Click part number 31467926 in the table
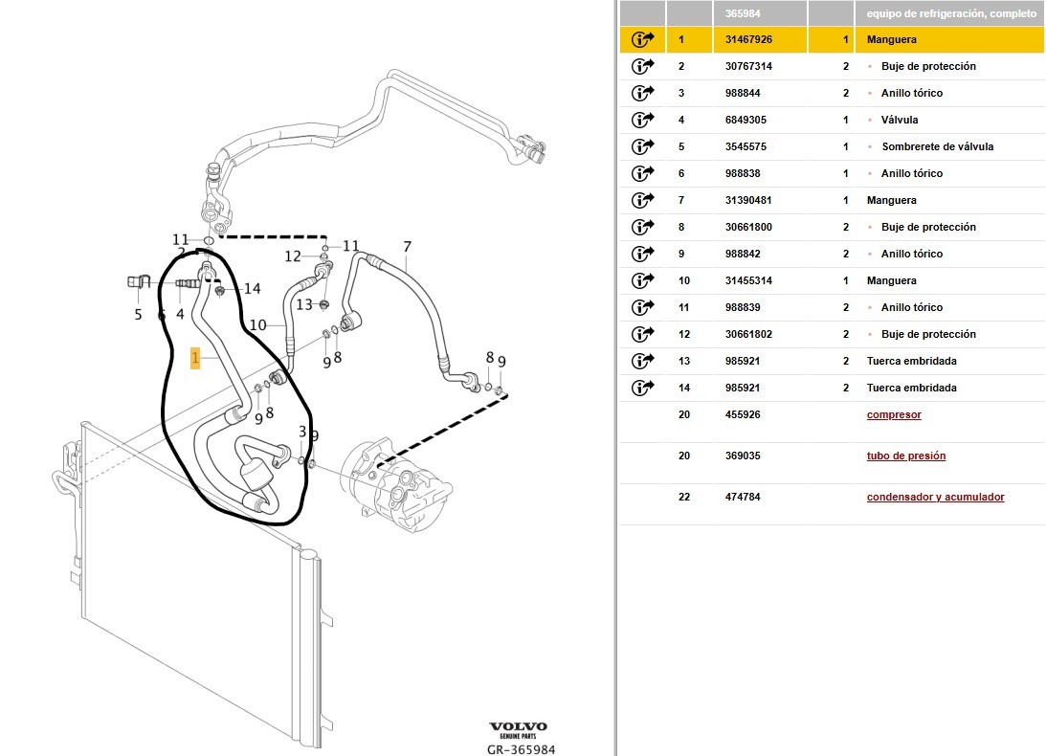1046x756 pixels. pos(748,40)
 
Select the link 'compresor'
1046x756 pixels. pos(894,415)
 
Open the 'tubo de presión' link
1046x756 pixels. pos(905,456)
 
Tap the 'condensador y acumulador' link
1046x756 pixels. pos(935,498)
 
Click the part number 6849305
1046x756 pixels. pos(746,121)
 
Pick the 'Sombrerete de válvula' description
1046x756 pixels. pos(937,147)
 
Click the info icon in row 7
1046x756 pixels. pos(642,201)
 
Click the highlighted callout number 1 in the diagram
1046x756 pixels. pos(195,359)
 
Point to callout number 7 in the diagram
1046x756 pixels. pos(407,248)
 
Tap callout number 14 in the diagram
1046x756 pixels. pos(252,289)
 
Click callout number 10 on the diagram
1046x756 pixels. pos(258,325)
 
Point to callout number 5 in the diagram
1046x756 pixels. pos(138,314)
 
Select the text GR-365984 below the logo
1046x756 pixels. pos(521,749)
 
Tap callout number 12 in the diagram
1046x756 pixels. pos(293,256)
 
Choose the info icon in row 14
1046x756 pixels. pos(642,389)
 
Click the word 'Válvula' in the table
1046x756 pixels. pos(900,121)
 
